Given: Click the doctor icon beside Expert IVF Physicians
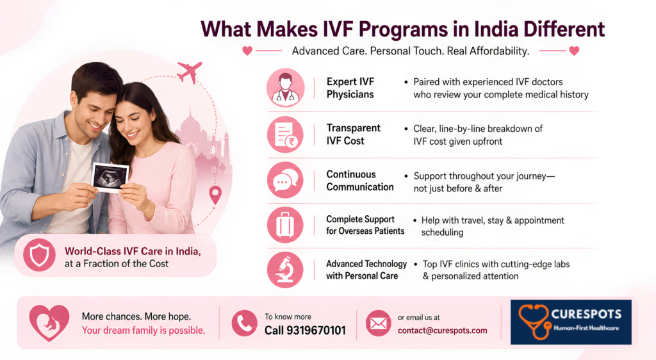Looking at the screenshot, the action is (285, 88).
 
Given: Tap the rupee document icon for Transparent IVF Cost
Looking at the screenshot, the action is (285, 135).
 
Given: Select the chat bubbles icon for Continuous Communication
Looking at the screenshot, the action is (285, 180).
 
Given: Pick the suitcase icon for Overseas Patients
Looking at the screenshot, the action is (285, 225).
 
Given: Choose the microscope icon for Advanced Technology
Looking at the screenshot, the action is (285, 270).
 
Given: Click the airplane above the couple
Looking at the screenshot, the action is (190, 72).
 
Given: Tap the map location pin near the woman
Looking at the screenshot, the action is (215, 195).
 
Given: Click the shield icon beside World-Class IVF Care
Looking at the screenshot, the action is (39, 255).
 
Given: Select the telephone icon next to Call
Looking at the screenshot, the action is (244, 323).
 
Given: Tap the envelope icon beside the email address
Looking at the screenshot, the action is (378, 323).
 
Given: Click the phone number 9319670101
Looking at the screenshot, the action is (316, 331).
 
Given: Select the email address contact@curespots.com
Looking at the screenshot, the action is (443, 331).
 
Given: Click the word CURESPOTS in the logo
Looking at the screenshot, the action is (586, 314).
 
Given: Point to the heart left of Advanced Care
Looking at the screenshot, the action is (247, 51).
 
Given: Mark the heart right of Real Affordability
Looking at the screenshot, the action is (575, 51).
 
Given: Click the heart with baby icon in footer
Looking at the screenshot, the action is (49, 323).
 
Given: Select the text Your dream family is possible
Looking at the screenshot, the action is (143, 331).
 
